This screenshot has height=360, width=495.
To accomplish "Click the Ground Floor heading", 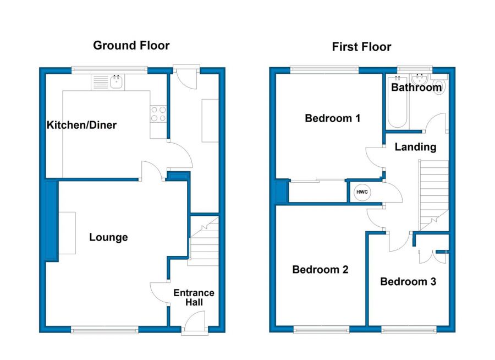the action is [131, 46].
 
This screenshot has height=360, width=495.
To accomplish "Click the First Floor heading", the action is [361, 47].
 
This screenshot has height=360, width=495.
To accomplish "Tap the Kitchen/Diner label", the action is [81, 125].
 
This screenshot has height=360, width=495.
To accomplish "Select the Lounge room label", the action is [108, 237].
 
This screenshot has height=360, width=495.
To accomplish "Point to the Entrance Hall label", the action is [194, 297].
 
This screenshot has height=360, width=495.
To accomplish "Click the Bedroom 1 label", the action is [332, 118].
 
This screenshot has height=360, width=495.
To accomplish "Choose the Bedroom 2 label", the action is [320, 270].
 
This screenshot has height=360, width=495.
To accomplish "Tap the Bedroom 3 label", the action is [408, 282].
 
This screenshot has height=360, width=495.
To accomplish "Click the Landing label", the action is [415, 147].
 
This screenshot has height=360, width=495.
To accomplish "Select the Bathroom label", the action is [416, 87].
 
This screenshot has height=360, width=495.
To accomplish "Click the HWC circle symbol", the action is [362, 192].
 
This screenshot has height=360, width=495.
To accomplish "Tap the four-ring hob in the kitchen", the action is [158, 114].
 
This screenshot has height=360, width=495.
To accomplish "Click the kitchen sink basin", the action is [117, 82].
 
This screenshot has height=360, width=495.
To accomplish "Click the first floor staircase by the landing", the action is [433, 195].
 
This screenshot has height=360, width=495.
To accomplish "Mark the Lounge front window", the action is [105, 330].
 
